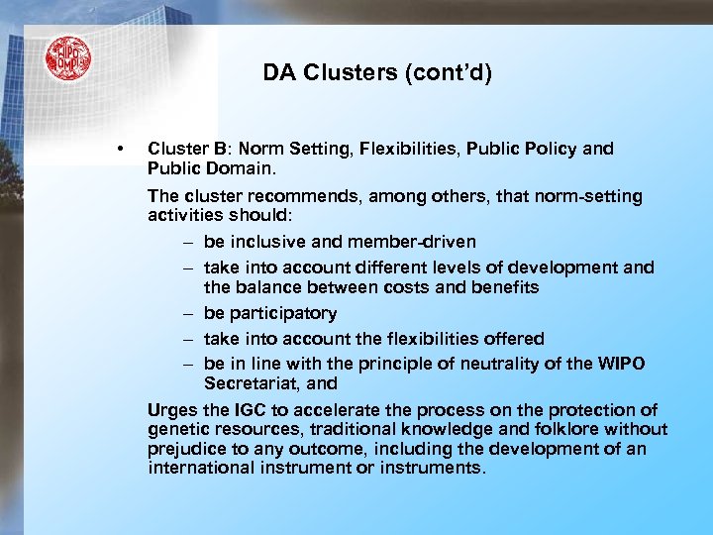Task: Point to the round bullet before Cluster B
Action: click(119, 150)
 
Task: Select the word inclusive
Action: click(263, 242)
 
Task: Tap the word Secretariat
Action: click(246, 382)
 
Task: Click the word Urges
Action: click(170, 410)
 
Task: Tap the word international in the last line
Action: click(201, 467)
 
